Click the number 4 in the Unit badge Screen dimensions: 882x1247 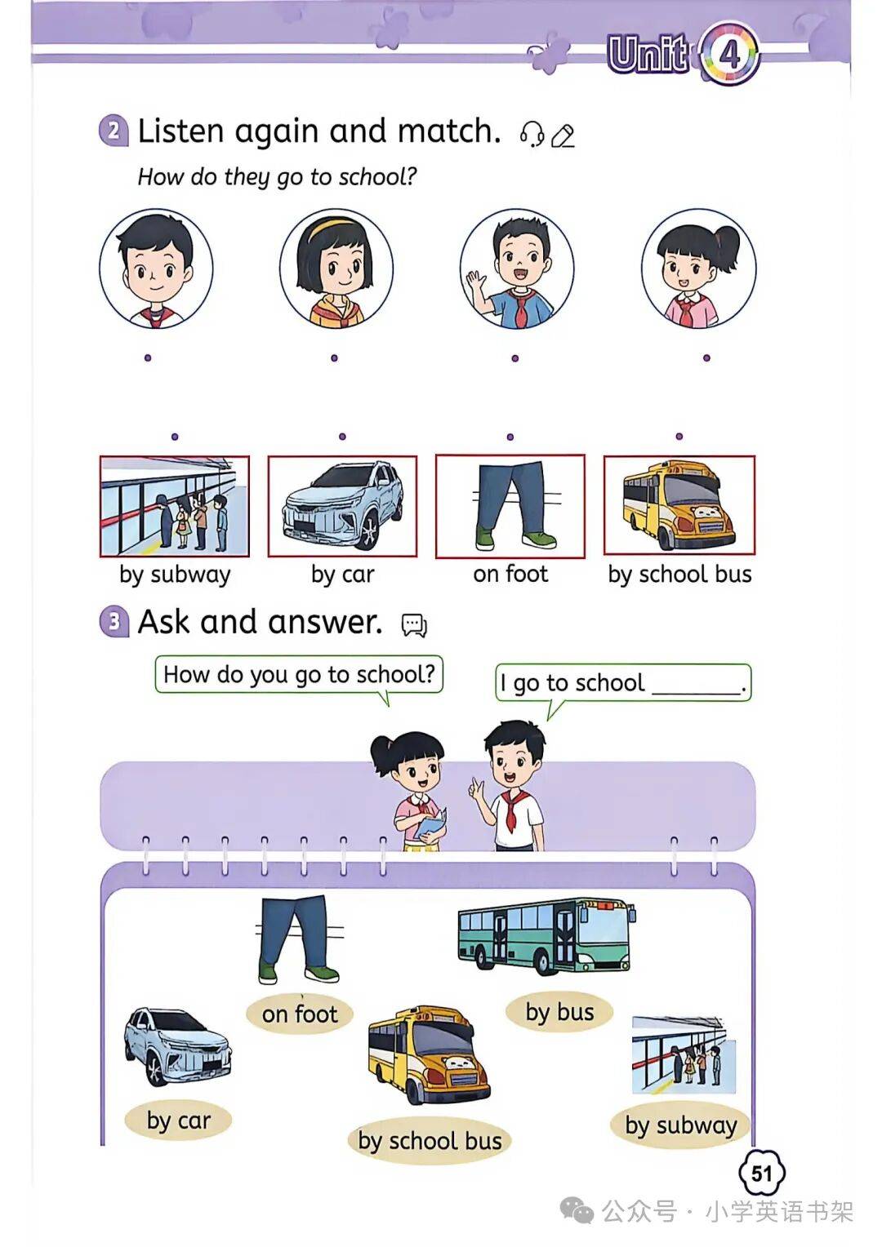click(728, 55)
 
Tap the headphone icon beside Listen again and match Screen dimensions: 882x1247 click(532, 134)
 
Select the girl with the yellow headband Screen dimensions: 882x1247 click(336, 268)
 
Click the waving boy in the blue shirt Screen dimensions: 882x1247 click(516, 268)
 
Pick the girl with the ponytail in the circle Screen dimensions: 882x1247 click(699, 268)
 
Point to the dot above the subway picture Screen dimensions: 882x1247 click(175, 437)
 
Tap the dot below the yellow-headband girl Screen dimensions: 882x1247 click(334, 358)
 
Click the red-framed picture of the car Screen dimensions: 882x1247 click(343, 506)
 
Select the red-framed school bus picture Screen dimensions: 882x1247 click(679, 506)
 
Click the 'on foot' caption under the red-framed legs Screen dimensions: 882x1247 click(510, 574)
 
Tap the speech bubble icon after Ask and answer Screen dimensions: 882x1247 click(414, 624)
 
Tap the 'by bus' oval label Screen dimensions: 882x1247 click(559, 1012)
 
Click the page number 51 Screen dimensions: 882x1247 click(761, 1173)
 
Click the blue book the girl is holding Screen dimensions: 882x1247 click(432, 826)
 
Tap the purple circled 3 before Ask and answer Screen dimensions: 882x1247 click(114, 621)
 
